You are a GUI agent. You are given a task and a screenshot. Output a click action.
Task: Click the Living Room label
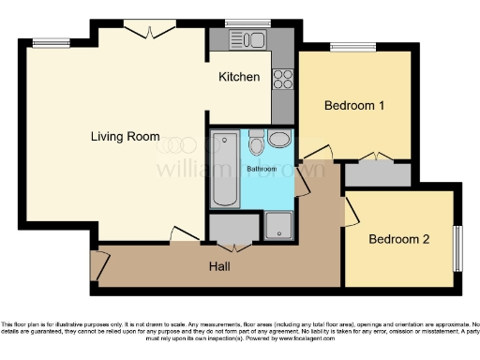click(x=125, y=137)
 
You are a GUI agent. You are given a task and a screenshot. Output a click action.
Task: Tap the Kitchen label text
click(x=239, y=77)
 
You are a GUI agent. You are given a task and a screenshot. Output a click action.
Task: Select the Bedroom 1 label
click(x=354, y=106)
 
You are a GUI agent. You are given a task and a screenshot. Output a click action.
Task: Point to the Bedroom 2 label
click(x=398, y=239)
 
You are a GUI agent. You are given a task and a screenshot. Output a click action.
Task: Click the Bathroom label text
click(x=262, y=169)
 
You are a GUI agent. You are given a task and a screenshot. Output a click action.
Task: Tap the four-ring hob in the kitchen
click(x=282, y=80)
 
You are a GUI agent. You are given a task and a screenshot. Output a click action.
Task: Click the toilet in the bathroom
click(x=278, y=141)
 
